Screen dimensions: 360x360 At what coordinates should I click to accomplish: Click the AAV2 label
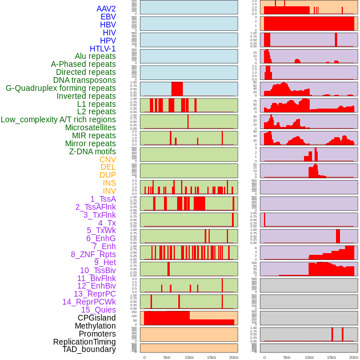106,9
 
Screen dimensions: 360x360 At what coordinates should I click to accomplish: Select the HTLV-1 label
103,49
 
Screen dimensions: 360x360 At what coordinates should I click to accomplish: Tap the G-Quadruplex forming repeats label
61,89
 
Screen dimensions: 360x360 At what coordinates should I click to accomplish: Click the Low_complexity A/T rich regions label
58,120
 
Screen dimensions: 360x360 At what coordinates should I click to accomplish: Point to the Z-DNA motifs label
93,152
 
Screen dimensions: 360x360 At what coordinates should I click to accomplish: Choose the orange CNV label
107,159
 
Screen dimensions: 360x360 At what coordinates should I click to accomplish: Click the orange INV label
109,191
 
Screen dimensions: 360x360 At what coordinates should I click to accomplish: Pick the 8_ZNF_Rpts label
93,254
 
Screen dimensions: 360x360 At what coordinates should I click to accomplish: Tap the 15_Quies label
98,310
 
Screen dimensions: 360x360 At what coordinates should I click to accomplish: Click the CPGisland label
97,318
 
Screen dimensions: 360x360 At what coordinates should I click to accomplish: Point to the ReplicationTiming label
84,342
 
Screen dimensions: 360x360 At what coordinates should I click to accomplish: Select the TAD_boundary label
89,349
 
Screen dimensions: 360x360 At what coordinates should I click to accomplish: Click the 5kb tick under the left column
167,357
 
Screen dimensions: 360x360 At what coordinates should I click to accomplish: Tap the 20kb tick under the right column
354,357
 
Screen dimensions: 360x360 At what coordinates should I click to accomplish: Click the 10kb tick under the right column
309,357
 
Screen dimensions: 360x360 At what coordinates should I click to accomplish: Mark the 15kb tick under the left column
211,357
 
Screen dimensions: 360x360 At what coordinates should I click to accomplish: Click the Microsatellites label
90,128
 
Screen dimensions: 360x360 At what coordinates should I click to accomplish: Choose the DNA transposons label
85,81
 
